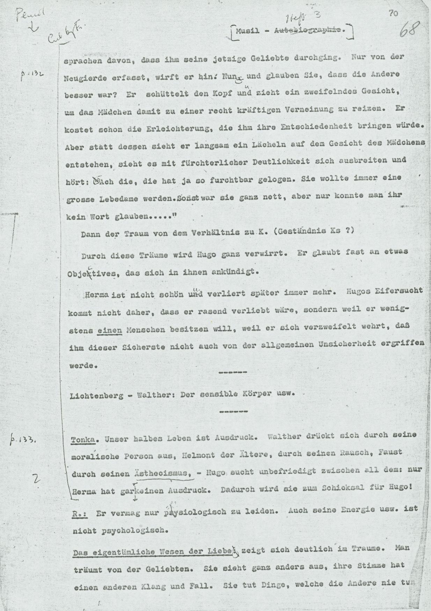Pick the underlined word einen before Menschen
110,329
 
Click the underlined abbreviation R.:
80,513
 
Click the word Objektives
91,274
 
